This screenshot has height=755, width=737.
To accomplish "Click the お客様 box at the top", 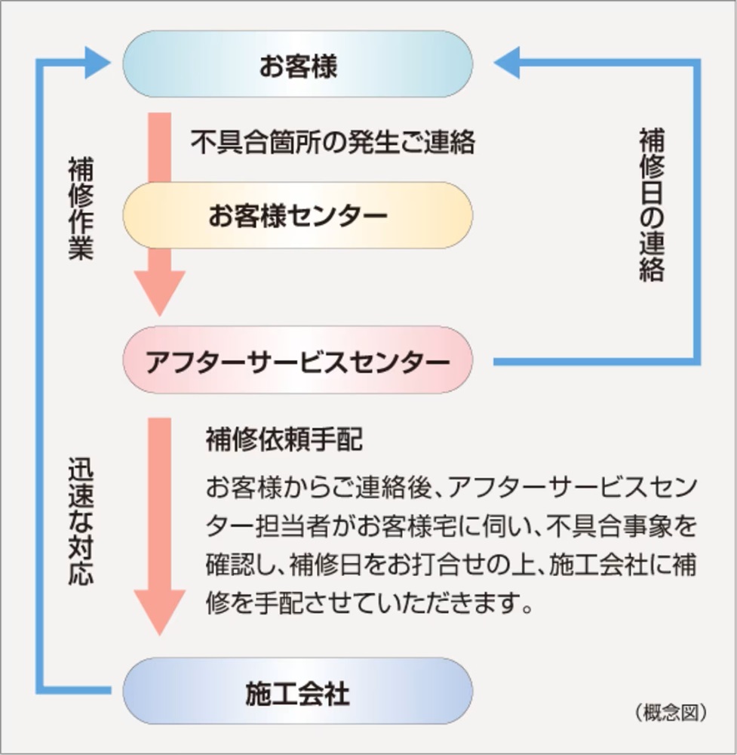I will click(x=298, y=65).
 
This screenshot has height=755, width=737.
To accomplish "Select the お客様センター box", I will click(x=298, y=216).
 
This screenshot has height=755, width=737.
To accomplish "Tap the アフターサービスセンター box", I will click(x=298, y=362).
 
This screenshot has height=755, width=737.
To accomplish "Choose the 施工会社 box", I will click(x=298, y=692).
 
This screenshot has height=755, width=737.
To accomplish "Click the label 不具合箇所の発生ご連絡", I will click(x=333, y=142).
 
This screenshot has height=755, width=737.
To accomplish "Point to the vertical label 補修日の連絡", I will click(x=651, y=205).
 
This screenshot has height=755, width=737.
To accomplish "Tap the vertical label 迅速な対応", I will click(x=81, y=521).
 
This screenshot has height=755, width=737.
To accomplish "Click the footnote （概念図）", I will click(x=670, y=711).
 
